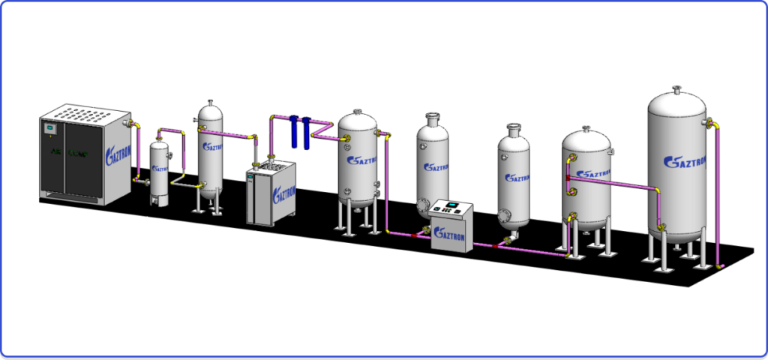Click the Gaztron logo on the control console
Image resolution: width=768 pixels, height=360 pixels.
tap(451, 237)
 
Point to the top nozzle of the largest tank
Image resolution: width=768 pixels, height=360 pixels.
tap(678, 91)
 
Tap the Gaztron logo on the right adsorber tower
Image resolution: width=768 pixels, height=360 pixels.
tap(517, 178)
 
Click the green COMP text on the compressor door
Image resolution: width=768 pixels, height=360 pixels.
tap(77, 154)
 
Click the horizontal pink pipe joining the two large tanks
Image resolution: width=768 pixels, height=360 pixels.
tap(622, 184)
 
